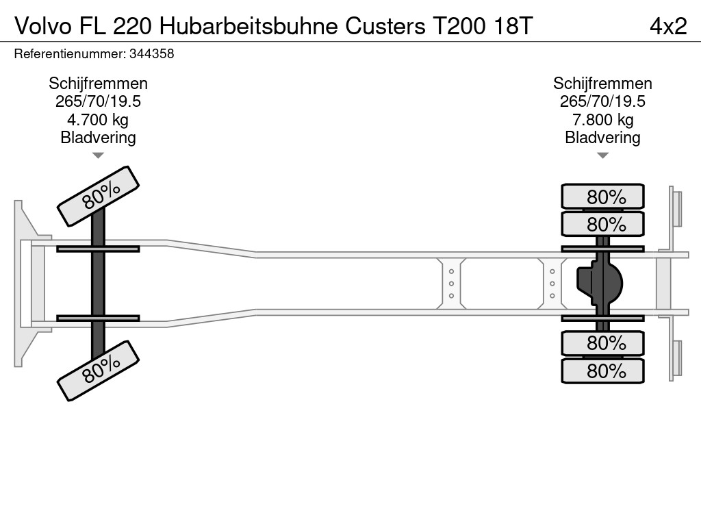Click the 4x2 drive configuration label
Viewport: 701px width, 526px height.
(x=667, y=26)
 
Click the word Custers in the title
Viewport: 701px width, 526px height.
(x=384, y=26)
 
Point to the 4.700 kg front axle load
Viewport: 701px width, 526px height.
(x=98, y=120)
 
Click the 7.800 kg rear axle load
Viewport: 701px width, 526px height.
(x=602, y=120)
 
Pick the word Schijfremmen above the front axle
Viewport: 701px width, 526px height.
(x=98, y=84)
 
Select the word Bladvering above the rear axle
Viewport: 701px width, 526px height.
(x=602, y=138)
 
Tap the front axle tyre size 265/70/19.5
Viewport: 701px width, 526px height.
(x=98, y=101)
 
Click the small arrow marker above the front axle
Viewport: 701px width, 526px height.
(x=98, y=155)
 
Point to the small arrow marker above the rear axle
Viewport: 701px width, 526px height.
(x=602, y=155)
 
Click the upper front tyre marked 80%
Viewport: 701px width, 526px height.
(x=98, y=196)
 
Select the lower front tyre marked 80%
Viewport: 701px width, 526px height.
(x=98, y=371)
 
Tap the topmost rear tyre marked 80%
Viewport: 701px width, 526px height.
(x=602, y=197)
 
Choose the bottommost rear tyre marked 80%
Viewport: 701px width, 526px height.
(x=602, y=371)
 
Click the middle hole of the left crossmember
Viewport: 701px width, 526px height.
(x=452, y=284)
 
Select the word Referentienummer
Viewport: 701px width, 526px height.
(x=65, y=54)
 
